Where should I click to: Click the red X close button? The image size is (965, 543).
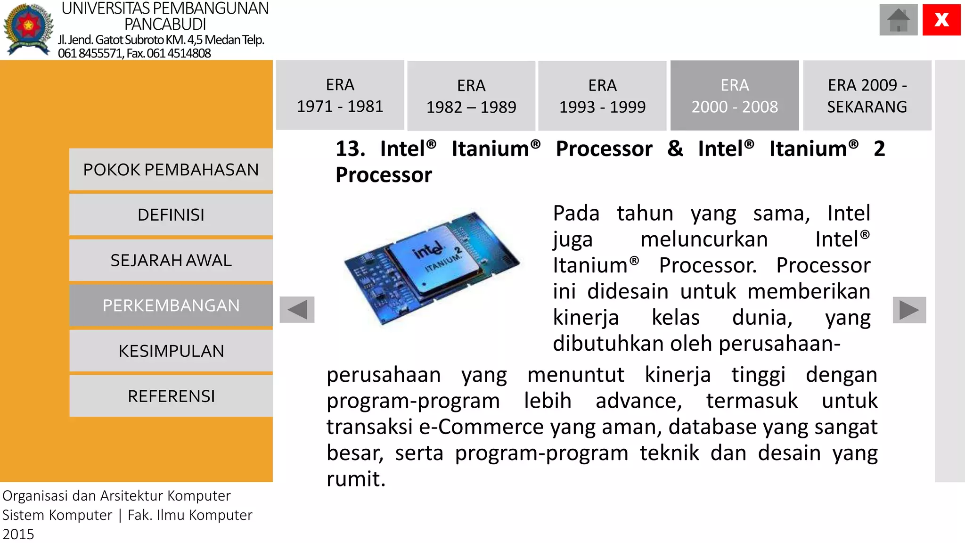pos(941,20)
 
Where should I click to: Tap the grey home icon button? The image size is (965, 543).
pos(898,20)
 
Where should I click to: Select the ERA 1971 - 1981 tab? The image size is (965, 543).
pos(340,95)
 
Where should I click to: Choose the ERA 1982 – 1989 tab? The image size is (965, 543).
pos(471,96)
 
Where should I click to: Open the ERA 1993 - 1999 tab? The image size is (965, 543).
pos(602,96)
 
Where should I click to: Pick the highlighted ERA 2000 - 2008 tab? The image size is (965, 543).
pos(734,96)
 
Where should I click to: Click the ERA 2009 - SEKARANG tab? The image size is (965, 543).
pos(867,96)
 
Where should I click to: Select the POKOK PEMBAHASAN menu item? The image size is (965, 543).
pos(171,170)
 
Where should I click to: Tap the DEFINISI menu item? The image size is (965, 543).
pos(171,215)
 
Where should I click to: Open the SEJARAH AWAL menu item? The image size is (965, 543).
pos(171,260)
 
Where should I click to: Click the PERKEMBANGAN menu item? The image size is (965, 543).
pos(171,305)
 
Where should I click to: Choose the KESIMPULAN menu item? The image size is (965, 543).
pos(171,351)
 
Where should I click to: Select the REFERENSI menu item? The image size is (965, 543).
pos(171,396)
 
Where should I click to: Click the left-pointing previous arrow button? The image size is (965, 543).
pos(297,310)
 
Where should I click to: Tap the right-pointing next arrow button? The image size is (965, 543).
pos(909,310)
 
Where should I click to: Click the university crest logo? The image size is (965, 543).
pos(28,29)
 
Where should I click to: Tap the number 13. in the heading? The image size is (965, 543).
pos(350,149)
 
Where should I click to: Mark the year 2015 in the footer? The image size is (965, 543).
pos(18,535)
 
